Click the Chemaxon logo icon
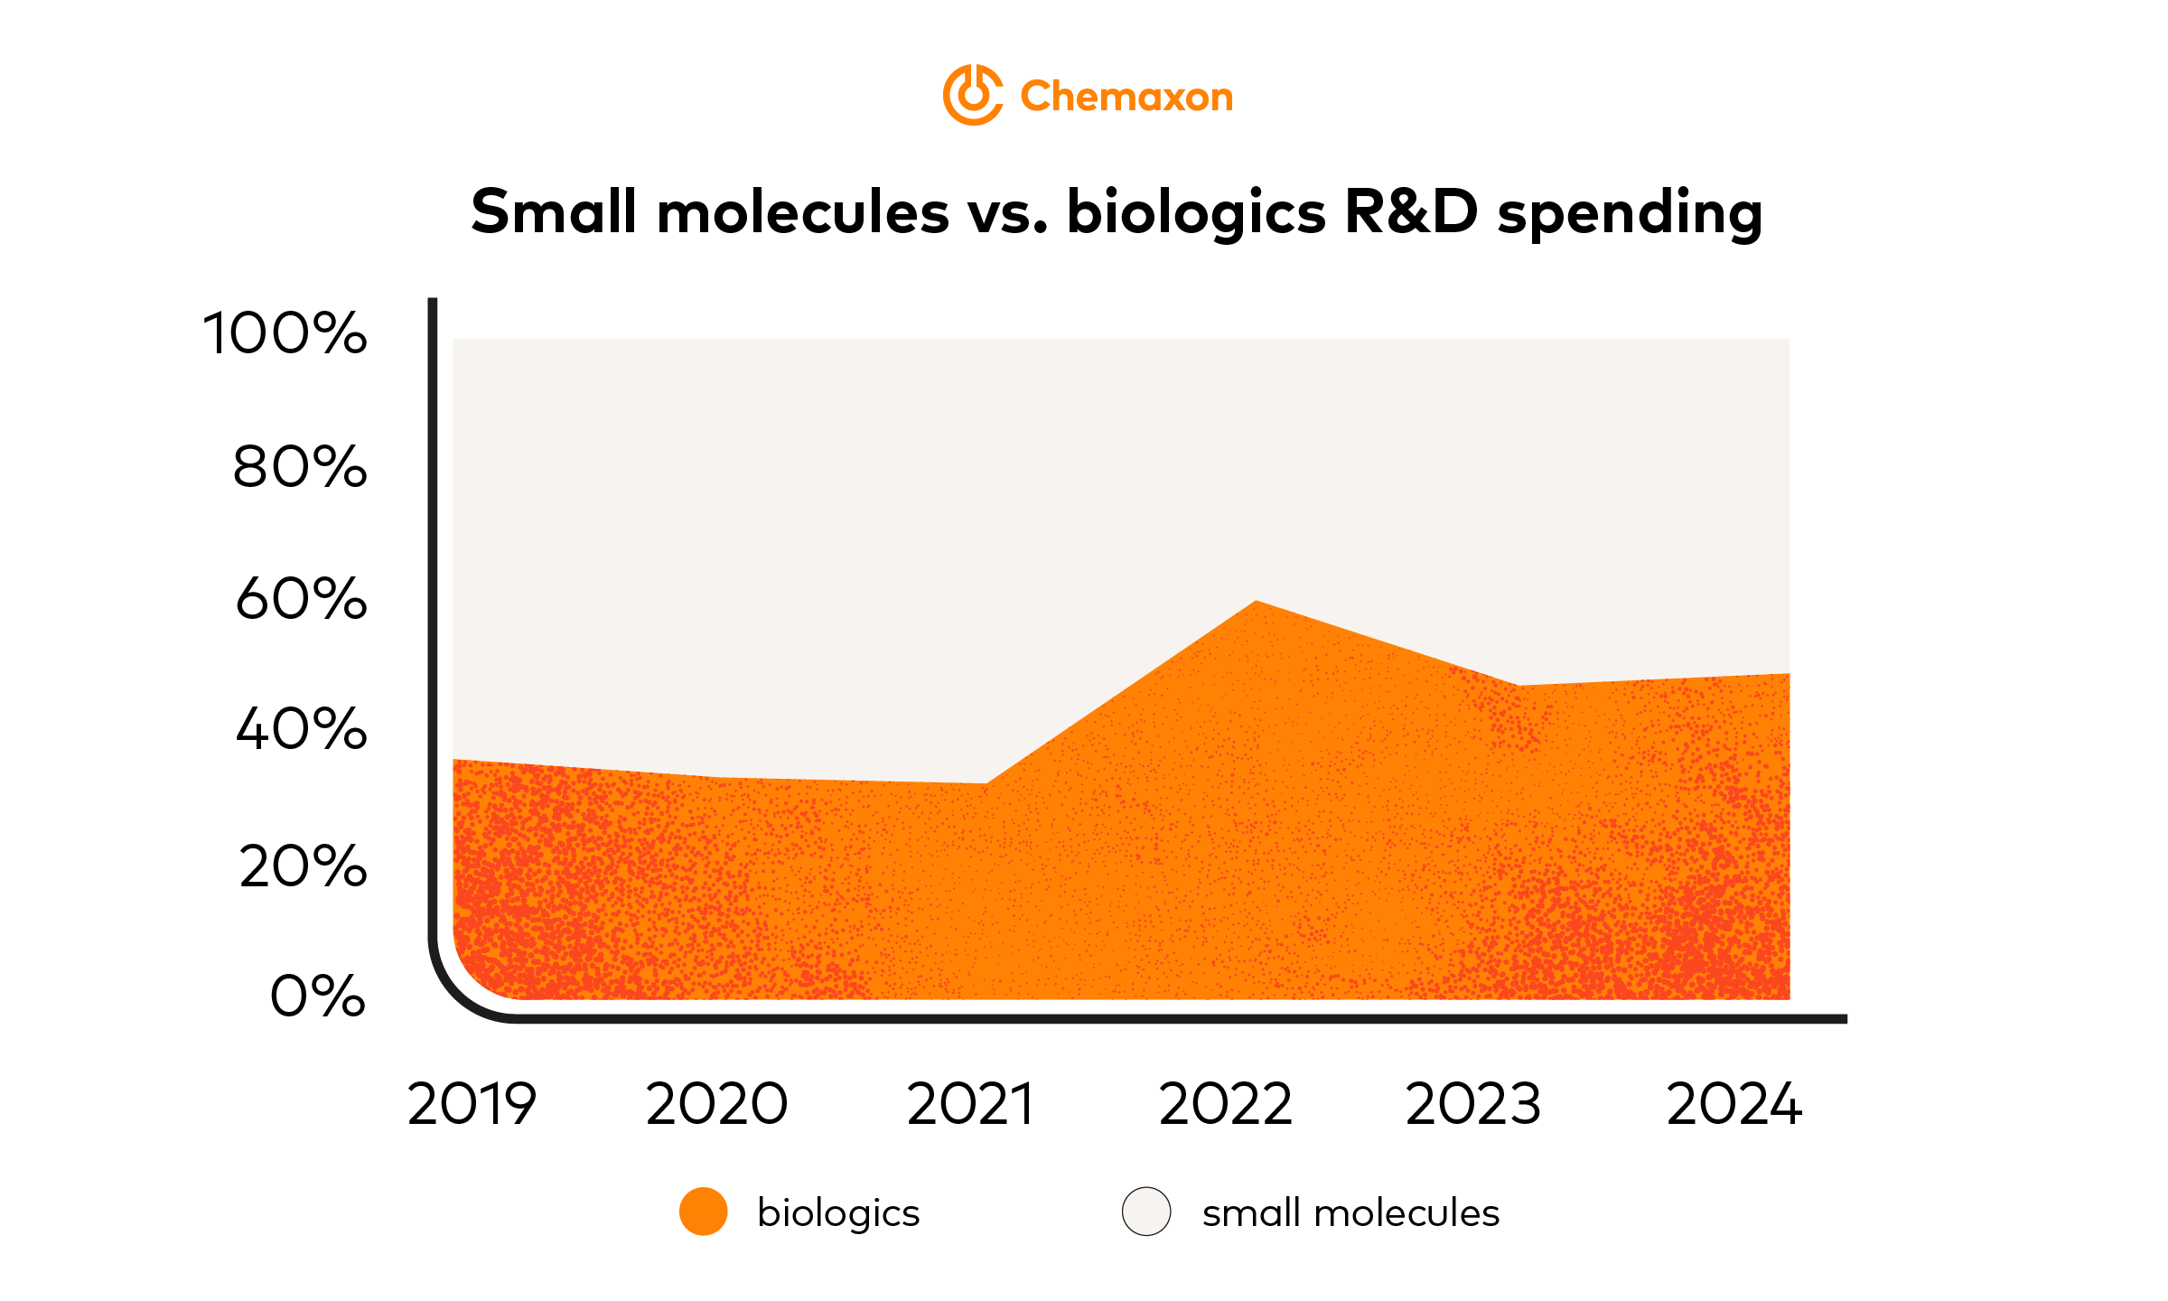pos(972,95)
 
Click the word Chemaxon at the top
pos(1126,97)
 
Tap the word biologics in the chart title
pos(1195,213)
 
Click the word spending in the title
pos(1630,215)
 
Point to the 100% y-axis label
pos(285,332)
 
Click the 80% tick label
pos(300,467)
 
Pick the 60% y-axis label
pos(301,598)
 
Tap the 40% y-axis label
pos(301,729)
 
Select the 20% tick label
pos(303,866)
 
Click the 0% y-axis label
pos(317,997)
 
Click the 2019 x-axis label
pos(472,1104)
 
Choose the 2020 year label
pos(716,1104)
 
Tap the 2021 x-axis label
pos(970,1104)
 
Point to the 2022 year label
pos(1225,1104)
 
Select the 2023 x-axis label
pos(1472,1104)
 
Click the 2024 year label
pos(1733,1104)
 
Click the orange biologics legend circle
pos(703,1212)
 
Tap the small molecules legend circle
pos(1146,1212)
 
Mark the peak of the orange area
pos(1256,602)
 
